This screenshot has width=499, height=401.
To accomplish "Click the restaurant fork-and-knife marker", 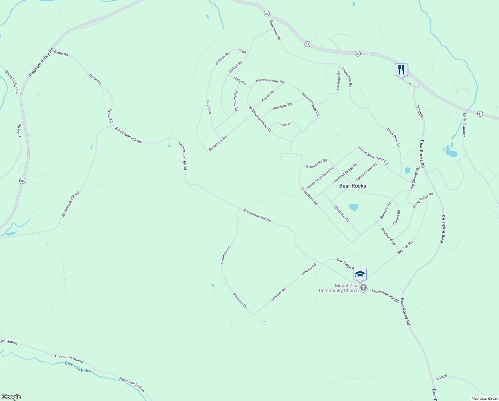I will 401,70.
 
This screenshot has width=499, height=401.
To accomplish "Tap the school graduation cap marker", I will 360,274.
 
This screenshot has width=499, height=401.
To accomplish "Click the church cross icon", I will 364,288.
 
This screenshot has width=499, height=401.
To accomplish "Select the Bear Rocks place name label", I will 353,186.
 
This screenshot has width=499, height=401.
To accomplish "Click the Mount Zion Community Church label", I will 338,288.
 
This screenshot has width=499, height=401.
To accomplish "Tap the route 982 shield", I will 22,180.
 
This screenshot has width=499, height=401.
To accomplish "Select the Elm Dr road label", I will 286,124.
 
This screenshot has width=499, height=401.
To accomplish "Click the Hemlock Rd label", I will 282,106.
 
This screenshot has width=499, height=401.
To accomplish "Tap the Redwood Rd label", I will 236,100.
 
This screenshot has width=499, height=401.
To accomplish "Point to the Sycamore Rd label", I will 218,143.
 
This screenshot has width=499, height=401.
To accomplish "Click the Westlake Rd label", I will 342,214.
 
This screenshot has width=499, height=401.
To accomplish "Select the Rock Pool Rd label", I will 393,137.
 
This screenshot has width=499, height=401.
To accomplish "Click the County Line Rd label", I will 464,125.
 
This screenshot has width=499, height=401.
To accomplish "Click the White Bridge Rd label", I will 12,82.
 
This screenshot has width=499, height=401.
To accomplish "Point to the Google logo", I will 11,397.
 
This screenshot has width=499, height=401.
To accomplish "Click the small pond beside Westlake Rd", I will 354,207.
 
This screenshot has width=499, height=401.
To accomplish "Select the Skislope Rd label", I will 339,80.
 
